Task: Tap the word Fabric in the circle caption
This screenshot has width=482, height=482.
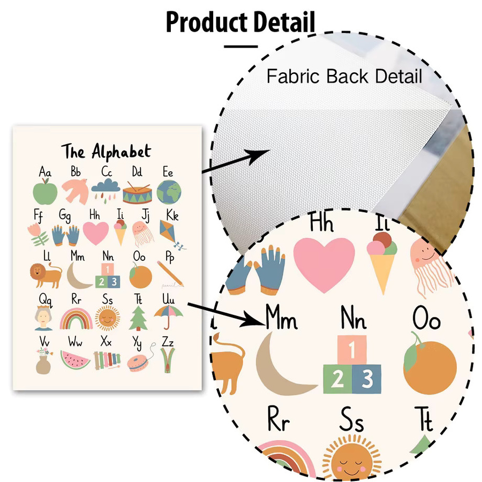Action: click(293, 76)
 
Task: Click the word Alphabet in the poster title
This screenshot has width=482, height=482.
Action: click(122, 151)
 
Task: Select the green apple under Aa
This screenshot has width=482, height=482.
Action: click(45, 192)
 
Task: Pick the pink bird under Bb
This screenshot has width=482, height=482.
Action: click(76, 191)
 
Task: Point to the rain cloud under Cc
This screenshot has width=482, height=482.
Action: click(106, 190)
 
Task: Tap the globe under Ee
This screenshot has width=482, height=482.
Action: click(169, 192)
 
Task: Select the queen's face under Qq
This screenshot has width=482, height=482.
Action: click(43, 318)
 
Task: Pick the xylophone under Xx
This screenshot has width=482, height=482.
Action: click(107, 360)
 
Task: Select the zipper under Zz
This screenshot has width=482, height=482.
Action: click(168, 360)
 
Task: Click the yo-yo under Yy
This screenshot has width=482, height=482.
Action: click(138, 363)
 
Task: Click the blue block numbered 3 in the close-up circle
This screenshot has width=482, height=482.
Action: click(366, 379)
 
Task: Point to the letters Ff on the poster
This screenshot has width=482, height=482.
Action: click(38, 215)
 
